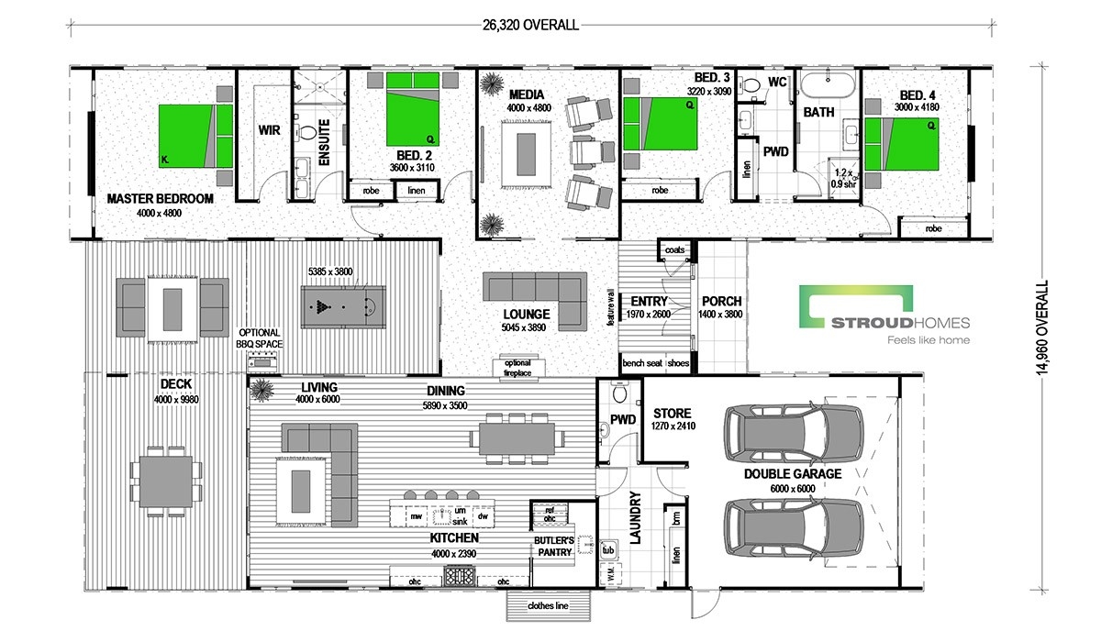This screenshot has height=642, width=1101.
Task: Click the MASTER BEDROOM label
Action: [161, 199]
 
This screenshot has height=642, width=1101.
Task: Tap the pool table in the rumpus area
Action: [343, 307]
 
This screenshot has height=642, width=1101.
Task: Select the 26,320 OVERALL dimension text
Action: [530, 25]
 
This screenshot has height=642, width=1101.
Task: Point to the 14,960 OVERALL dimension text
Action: [1042, 327]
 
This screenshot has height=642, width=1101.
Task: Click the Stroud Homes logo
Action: [884, 315]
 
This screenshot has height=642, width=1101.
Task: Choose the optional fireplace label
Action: [517, 368]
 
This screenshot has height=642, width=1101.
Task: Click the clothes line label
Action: [548, 605]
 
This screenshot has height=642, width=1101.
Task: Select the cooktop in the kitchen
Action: [460, 576]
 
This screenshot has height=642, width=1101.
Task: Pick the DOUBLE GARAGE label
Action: [793, 474]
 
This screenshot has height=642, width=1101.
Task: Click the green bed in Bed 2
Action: [412, 109]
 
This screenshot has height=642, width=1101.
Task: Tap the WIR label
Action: [270, 130]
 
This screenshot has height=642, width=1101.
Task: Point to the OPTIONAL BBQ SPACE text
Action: [259, 338]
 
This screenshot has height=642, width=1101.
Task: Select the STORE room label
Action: [672, 413]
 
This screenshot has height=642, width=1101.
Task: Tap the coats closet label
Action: [674, 250]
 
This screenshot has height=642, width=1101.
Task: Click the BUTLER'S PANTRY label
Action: [554, 547]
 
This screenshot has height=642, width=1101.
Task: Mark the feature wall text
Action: [611, 307]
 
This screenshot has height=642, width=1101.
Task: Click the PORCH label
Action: [721, 301]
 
